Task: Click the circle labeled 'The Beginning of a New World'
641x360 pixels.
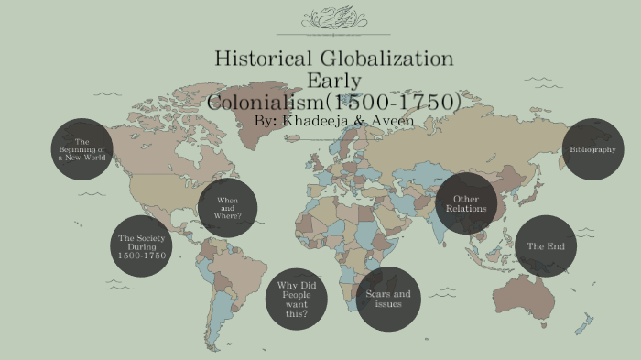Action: tap(81, 149)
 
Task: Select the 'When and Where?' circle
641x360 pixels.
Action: tap(227, 208)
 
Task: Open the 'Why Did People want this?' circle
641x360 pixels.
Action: tap(296, 299)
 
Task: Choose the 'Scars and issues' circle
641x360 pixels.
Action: tap(388, 299)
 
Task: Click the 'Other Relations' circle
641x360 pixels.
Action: tap(466, 203)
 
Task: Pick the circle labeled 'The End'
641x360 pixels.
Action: tap(546, 246)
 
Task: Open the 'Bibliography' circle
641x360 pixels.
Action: tap(592, 149)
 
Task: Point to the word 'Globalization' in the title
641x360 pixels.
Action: tap(389, 59)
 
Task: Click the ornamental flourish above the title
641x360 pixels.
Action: tap(333, 17)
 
